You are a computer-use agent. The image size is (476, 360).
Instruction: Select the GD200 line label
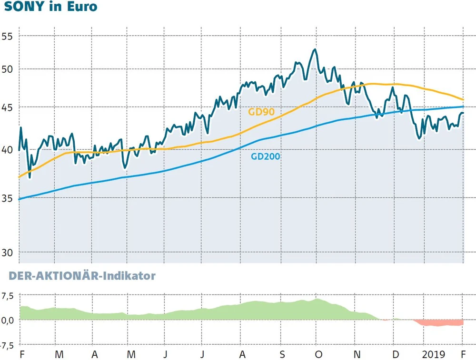266,156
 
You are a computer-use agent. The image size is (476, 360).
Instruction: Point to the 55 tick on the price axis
8,36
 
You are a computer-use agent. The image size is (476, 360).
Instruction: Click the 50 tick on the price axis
8,69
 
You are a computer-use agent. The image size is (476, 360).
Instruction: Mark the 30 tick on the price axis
8,252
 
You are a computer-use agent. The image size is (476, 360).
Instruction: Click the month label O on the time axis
318,354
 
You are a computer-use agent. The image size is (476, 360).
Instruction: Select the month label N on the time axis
357,354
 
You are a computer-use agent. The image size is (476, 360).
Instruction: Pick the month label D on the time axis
395,354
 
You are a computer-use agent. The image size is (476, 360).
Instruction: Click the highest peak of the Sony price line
315,49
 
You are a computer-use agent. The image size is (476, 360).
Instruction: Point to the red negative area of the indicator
438,323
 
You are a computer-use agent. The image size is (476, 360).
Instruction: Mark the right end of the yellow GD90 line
463,99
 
